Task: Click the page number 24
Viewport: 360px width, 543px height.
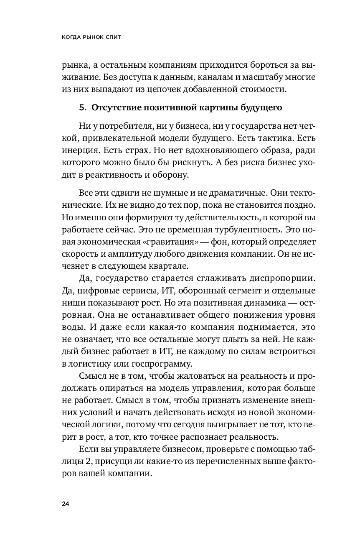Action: [66, 503]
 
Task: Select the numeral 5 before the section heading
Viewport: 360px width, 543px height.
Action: [81, 107]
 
